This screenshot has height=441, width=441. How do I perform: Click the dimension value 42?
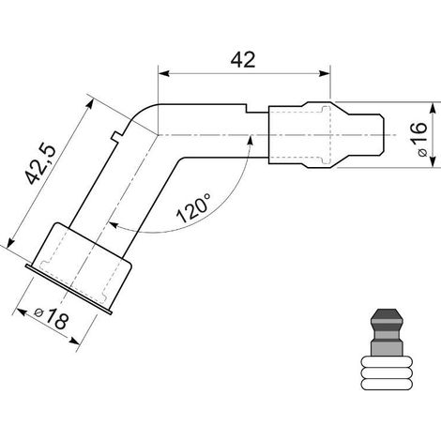[243, 60]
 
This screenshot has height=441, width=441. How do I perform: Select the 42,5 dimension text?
[41, 165]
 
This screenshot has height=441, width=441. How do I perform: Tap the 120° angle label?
[193, 207]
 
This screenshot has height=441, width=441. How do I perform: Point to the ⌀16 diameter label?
[420, 140]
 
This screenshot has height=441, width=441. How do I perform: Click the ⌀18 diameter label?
[52, 318]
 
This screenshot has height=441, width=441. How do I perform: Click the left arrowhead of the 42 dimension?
[164, 74]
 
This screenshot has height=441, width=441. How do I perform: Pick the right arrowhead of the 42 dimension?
[325, 74]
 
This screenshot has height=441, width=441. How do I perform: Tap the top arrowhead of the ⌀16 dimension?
[433, 108]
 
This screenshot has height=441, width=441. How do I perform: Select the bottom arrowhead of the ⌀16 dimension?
[433, 161]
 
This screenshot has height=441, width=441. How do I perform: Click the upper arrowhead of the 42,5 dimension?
[90, 104]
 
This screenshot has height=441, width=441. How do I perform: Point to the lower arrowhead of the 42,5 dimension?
[10, 242]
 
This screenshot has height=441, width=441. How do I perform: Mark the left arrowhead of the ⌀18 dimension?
[21, 312]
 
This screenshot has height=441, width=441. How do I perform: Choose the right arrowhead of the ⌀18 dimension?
[74, 341]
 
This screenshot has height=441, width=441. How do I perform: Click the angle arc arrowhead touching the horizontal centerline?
[250, 141]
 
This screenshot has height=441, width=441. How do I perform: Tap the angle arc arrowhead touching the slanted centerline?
[114, 225]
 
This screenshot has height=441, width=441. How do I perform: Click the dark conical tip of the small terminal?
[386, 315]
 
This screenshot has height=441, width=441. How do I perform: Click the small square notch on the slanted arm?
[116, 136]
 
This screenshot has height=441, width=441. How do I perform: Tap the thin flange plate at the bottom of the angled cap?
[68, 289]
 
